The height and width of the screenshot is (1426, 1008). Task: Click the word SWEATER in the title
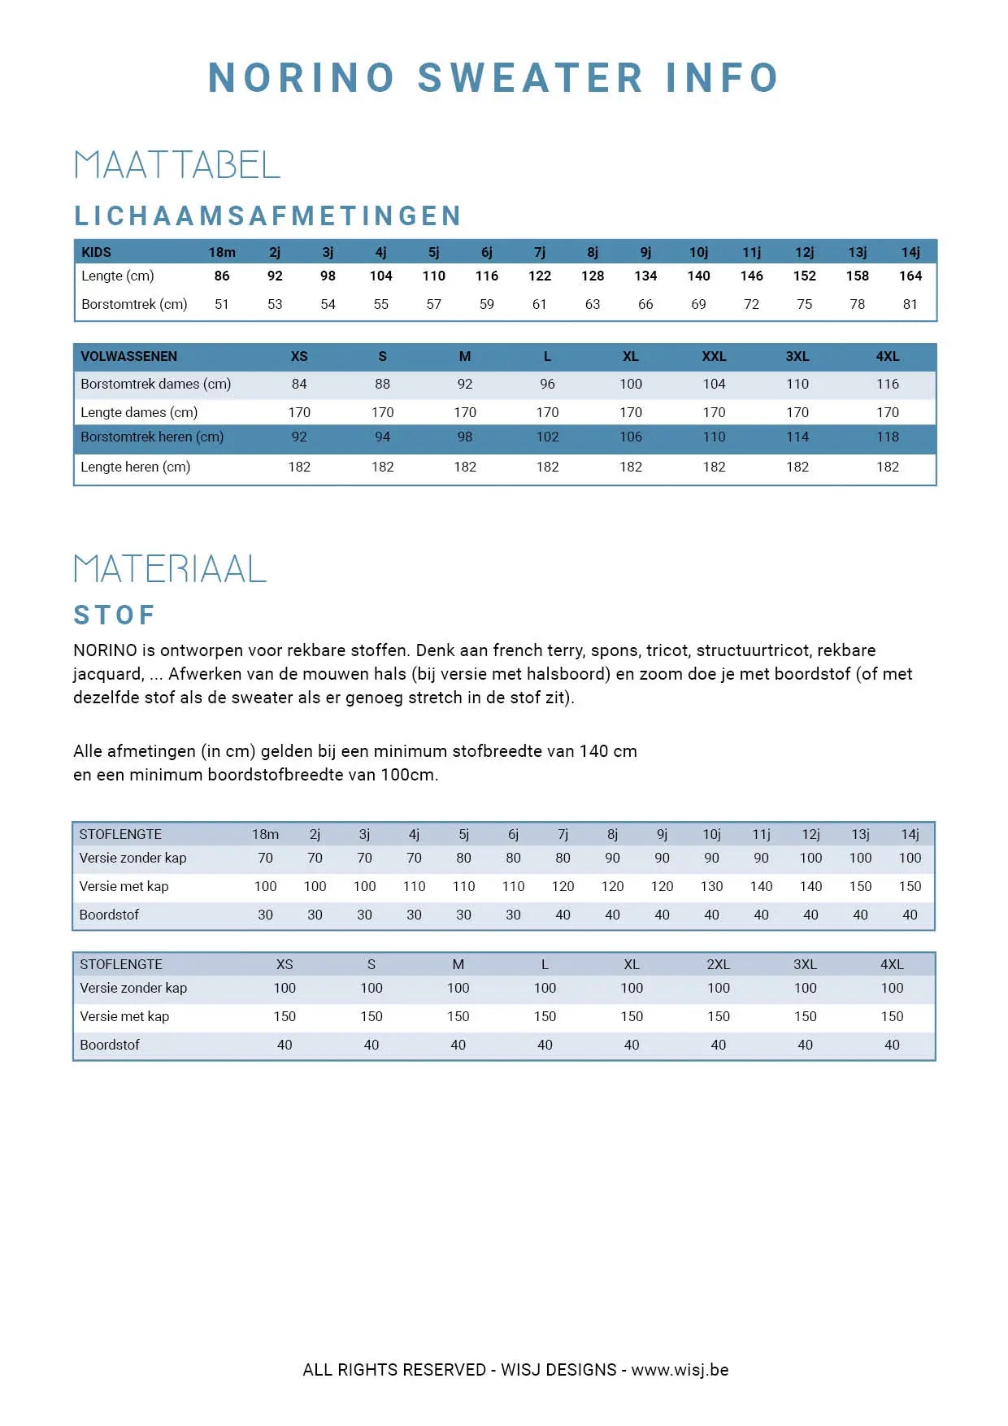(x=530, y=78)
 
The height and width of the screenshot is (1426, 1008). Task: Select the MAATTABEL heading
(x=177, y=165)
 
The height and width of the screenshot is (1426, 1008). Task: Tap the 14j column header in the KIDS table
(x=910, y=252)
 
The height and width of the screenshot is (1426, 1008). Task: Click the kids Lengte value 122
(x=539, y=276)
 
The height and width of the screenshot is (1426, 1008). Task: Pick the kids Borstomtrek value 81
(x=910, y=304)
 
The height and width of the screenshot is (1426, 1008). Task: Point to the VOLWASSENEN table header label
(x=128, y=356)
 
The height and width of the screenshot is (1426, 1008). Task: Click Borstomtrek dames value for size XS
(x=299, y=384)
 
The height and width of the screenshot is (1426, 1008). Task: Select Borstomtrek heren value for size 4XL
(x=887, y=437)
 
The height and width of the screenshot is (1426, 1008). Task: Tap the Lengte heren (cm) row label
(x=135, y=467)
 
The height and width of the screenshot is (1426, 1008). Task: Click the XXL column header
(x=714, y=356)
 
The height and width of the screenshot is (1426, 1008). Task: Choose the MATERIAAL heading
(x=170, y=568)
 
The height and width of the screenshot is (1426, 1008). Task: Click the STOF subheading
(x=114, y=615)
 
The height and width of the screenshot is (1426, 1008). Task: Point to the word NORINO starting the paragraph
(x=105, y=650)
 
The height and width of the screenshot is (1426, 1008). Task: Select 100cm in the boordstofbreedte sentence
(x=408, y=775)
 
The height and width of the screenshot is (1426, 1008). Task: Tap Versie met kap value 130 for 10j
(x=711, y=886)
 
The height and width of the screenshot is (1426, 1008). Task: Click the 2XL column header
(x=718, y=964)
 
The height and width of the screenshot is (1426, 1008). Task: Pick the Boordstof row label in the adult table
(x=110, y=1045)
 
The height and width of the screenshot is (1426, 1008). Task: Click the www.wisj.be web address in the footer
(x=680, y=1370)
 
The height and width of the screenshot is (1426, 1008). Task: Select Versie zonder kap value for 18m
(x=265, y=858)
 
